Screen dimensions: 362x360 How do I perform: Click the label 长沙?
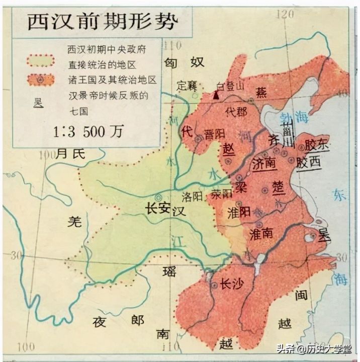coord(232,285)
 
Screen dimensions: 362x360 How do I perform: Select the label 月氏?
coord(71,154)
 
